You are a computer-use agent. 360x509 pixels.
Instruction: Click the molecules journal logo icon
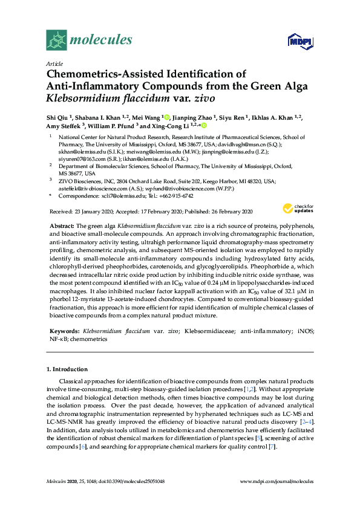click(x=56, y=41)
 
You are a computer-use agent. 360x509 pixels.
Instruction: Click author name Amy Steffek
click(x=65, y=126)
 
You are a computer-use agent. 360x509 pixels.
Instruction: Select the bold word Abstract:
click(x=61, y=224)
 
